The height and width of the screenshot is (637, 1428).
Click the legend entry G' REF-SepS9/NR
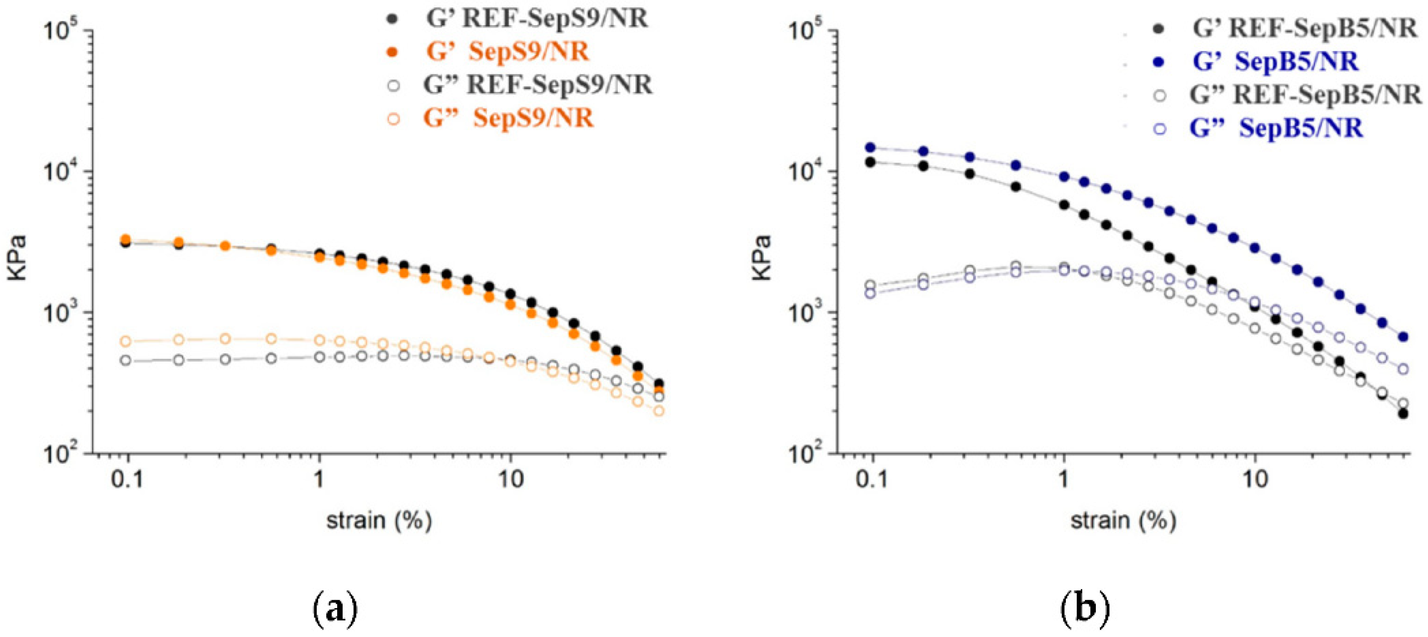pos(536,19)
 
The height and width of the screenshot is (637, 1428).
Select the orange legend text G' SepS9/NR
pos(506,51)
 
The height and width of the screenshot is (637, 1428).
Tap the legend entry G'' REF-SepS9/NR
pos(536,85)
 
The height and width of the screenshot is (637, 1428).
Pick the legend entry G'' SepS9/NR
pos(507,118)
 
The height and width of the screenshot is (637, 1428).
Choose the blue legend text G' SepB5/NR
pos(1275,61)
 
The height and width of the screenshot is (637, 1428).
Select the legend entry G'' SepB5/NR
pos(1275,128)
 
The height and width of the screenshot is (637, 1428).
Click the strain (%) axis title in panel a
pos(379,521)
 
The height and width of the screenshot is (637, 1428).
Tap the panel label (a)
pos(335,610)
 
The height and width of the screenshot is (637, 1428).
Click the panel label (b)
pos(1084,610)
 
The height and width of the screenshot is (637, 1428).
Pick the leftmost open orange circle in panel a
pos(126,341)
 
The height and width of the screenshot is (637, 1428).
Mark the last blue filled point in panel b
pos(1403,336)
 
